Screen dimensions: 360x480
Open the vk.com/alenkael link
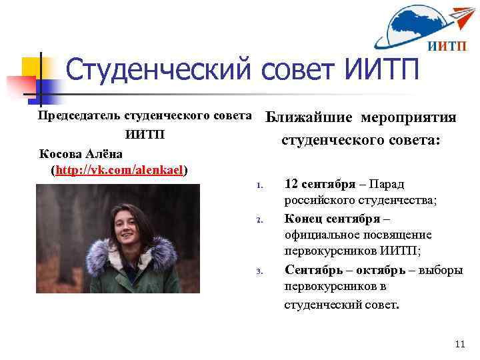click(x=120, y=169)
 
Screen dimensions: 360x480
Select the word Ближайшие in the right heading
click(x=309, y=118)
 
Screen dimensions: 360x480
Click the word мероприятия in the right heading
click(x=409, y=118)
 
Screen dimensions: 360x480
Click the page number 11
click(x=459, y=345)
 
